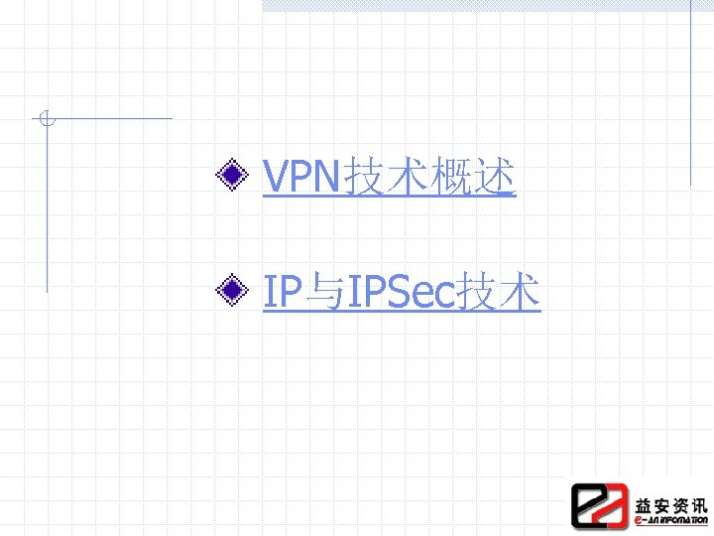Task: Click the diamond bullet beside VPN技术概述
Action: tap(233, 177)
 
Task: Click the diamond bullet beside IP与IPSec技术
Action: tap(233, 291)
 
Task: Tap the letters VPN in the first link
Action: tap(301, 178)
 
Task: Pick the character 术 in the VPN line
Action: tap(408, 178)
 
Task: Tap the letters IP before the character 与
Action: tap(283, 292)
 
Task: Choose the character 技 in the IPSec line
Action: tap(477, 292)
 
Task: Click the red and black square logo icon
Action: tap(599, 505)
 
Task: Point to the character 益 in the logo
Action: tap(645, 501)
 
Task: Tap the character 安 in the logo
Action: tap(663, 501)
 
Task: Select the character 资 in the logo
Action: tap(681, 501)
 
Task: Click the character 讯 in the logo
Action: tap(699, 501)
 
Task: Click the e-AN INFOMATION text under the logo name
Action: tap(670, 519)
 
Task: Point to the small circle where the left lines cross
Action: tap(45, 120)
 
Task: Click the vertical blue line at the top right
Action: tap(691, 89)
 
